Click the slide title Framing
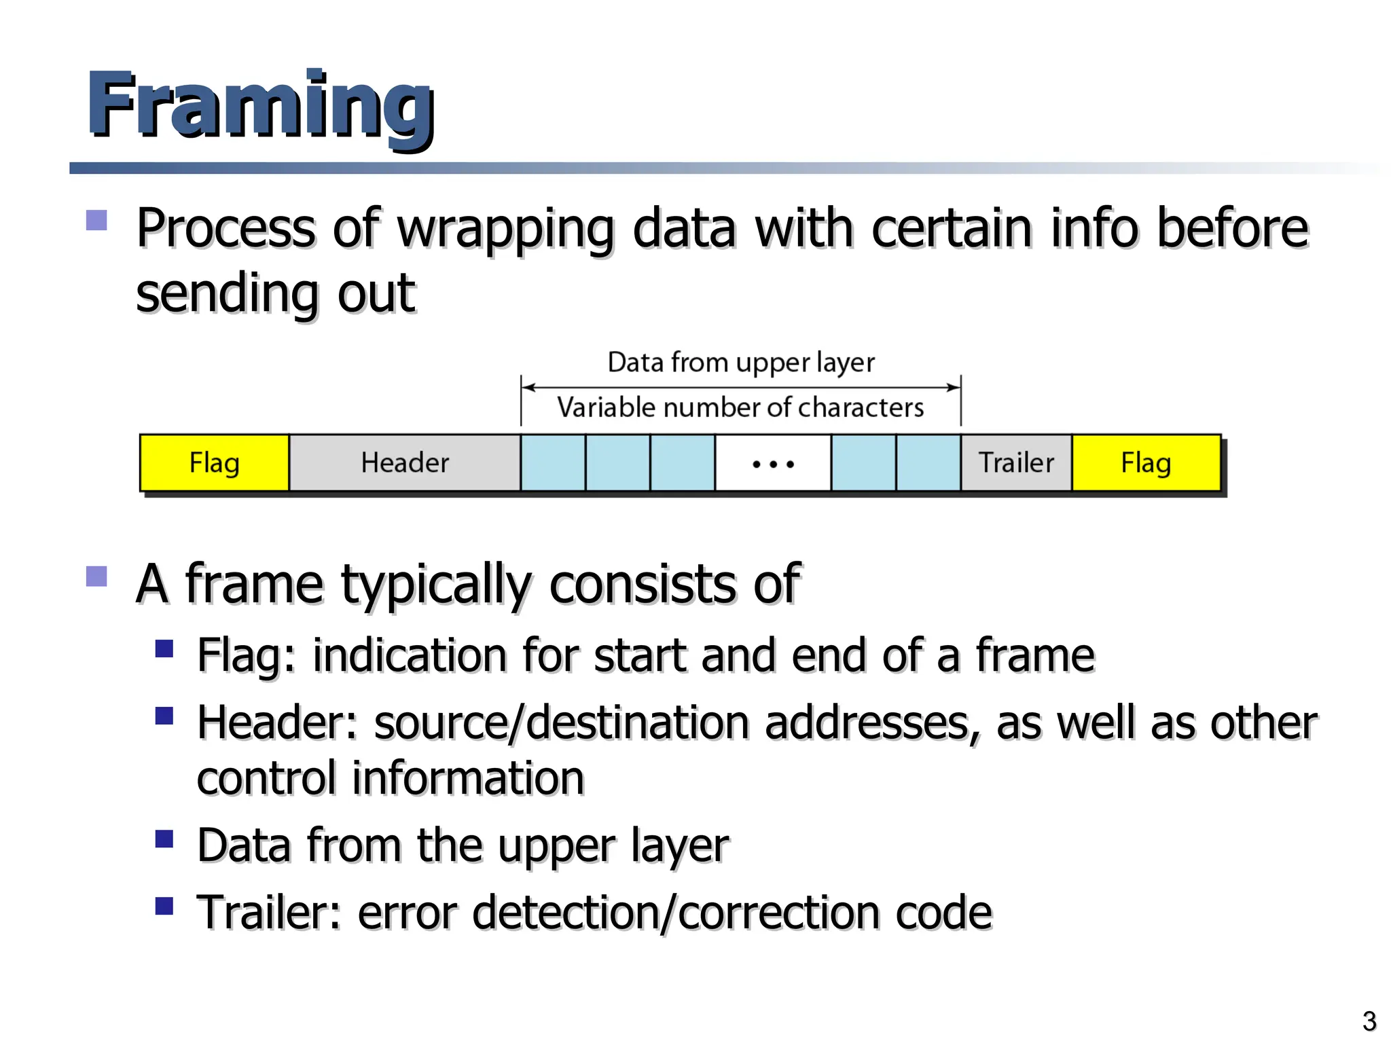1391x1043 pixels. (261, 105)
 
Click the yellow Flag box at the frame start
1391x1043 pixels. (214, 462)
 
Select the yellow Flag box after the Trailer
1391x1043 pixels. (1146, 462)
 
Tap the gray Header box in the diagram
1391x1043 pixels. (405, 462)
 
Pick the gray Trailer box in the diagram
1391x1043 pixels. (1016, 462)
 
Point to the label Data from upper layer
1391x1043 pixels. (741, 363)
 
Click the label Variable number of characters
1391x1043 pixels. (740, 407)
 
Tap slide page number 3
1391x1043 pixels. (1369, 1021)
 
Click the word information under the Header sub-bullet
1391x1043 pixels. (468, 778)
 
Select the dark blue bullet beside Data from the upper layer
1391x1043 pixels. (164, 839)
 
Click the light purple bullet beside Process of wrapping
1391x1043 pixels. (96, 220)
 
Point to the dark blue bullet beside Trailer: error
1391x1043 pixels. (164, 907)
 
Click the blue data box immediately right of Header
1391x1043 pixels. (553, 462)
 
